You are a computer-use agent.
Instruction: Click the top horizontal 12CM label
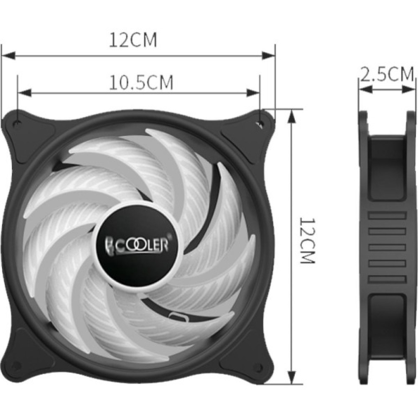pos(133,40)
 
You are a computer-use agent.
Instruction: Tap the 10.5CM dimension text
pos(141,82)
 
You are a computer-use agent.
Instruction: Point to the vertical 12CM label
pos(307,240)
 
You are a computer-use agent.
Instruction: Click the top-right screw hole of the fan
pos(260,124)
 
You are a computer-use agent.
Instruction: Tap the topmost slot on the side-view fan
pos(387,216)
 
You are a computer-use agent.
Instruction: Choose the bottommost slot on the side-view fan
pos(387,279)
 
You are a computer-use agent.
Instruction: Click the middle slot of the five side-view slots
pos(387,247)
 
